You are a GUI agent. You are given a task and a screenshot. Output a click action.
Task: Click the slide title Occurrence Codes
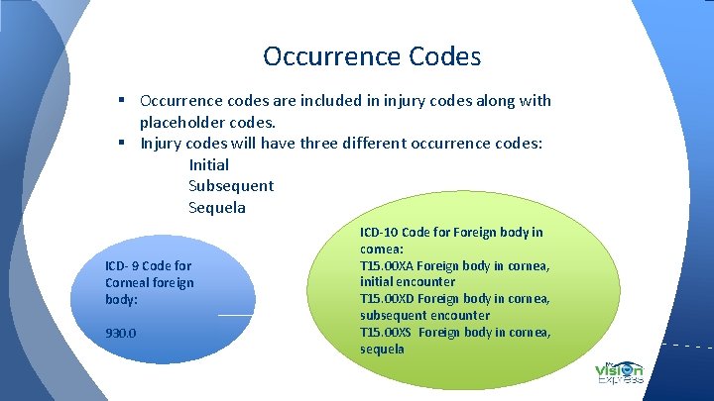pyautogui.click(x=372, y=56)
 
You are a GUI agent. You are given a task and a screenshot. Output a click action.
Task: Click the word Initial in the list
pyautogui.click(x=208, y=164)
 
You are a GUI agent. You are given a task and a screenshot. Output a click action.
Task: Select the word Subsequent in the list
pyautogui.click(x=231, y=186)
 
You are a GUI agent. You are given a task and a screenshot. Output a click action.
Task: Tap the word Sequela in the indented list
pyautogui.click(x=217, y=208)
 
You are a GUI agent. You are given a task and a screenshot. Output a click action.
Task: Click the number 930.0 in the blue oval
pyautogui.click(x=121, y=333)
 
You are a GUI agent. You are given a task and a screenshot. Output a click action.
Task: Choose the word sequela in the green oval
pyautogui.click(x=382, y=350)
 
